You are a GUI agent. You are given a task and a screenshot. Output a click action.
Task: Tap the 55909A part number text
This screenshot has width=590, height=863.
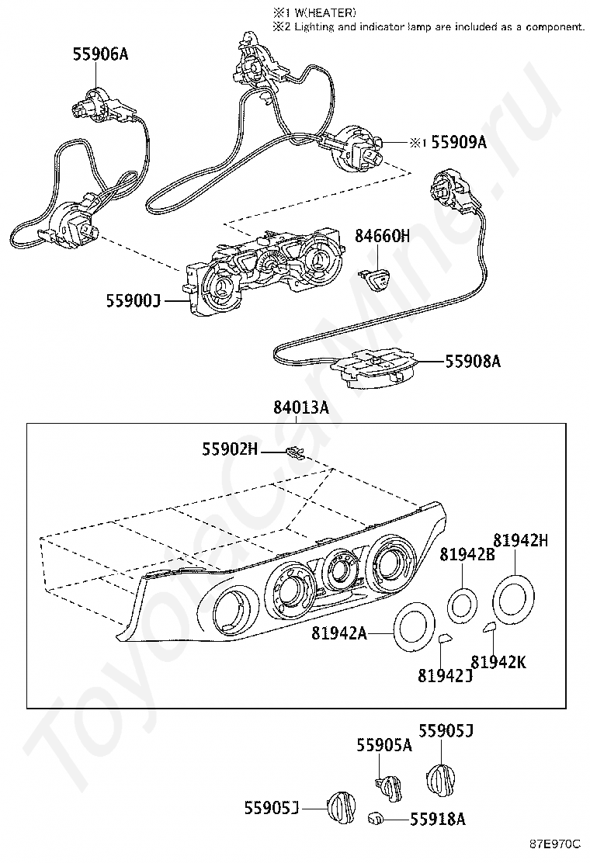458,142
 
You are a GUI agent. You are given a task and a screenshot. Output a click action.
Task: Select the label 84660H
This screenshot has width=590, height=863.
382,236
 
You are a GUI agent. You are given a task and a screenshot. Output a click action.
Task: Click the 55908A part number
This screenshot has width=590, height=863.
473,361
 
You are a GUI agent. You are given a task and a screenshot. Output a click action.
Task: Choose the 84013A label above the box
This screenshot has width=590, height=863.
300,407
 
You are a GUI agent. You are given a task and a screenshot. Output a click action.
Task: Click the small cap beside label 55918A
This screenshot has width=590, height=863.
375,818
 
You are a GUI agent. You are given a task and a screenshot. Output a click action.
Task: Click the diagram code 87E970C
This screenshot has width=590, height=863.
555,843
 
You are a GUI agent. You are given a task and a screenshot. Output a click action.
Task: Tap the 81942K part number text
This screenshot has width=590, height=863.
498,662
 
